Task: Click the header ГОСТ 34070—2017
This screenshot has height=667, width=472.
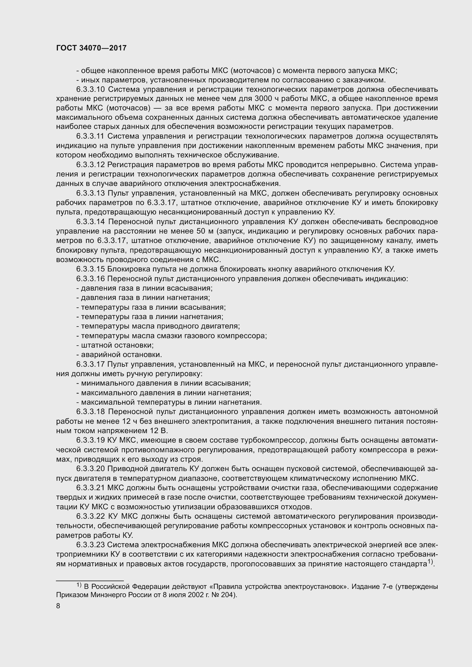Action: coord(91,48)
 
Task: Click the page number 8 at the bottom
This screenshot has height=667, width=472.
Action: coord(58,606)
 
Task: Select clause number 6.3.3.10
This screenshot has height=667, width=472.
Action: coord(91,89)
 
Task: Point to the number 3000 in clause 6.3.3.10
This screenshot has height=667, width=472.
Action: coord(263,99)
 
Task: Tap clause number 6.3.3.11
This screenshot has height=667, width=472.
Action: coord(90,136)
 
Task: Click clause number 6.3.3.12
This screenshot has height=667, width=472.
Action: coord(90,165)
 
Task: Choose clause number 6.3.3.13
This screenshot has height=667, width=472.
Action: coord(91,193)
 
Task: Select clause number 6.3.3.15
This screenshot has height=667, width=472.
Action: coord(91,269)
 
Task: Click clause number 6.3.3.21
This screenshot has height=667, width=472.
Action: coord(90,488)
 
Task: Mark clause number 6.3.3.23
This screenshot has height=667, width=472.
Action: coord(91,545)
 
